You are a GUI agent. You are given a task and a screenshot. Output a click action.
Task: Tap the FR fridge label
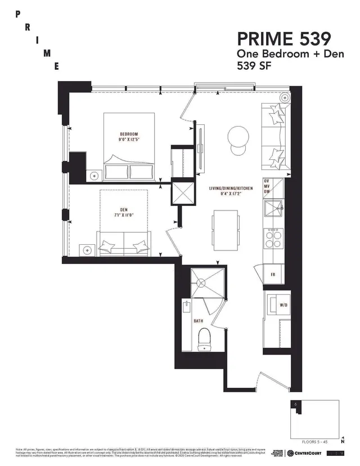[272, 275]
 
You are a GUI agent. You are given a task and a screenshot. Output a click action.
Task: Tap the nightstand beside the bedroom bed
[94, 174]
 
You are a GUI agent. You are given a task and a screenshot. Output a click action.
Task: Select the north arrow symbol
[343, 438]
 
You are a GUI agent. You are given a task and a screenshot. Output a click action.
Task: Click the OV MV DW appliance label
[274, 186]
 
